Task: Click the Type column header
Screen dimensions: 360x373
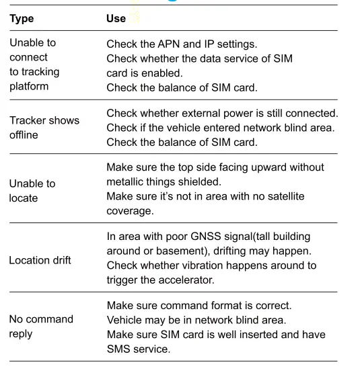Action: tap(22, 19)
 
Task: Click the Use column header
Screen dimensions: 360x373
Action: tap(116, 19)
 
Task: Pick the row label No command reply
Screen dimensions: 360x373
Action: tap(40, 325)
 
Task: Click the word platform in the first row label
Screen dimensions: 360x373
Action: tap(30, 87)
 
